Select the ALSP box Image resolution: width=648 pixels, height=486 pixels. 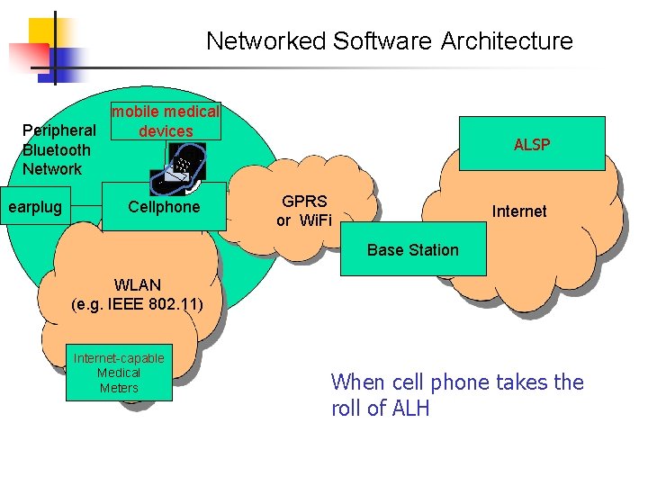point(532,144)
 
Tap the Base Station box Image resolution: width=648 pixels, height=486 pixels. point(413,250)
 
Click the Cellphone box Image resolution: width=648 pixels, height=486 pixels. point(164,207)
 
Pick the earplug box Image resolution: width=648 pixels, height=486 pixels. point(35,208)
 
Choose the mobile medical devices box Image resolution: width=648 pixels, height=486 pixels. point(166,121)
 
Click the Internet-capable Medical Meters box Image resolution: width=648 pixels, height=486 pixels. point(119,373)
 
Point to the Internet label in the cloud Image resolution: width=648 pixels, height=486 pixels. point(519,211)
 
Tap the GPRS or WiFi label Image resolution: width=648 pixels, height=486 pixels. point(303,211)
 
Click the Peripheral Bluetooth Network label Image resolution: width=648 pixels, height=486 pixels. point(57,149)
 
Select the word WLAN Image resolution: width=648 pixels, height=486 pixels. point(138,285)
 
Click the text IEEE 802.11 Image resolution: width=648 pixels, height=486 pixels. point(155,304)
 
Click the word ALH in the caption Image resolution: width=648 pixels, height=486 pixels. point(410,409)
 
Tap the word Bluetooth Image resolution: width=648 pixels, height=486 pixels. point(57,150)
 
